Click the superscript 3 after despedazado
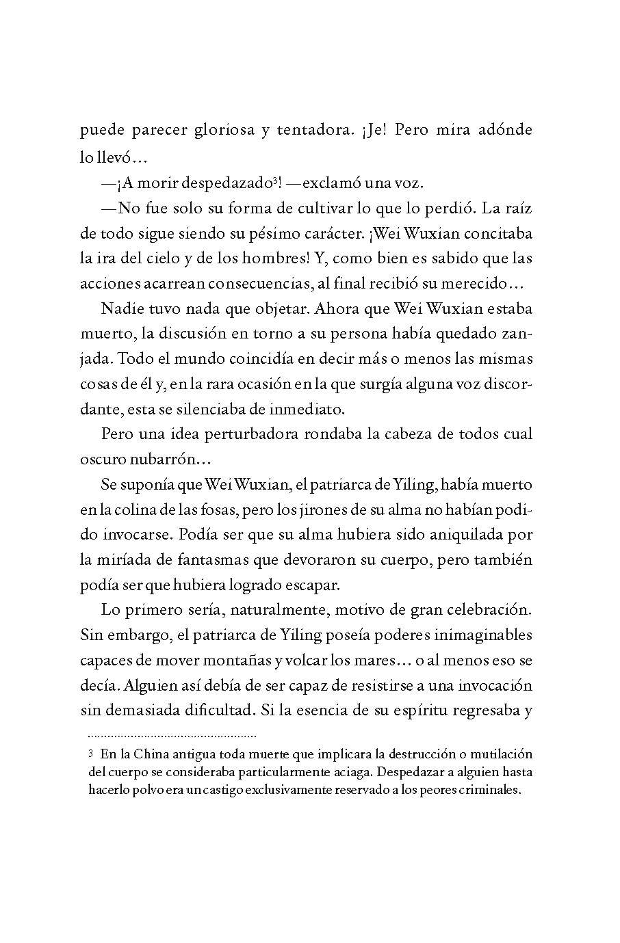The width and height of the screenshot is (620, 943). tap(274, 181)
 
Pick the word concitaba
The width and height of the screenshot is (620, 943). tap(498, 233)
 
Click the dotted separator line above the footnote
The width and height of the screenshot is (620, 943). tap(172, 736)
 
